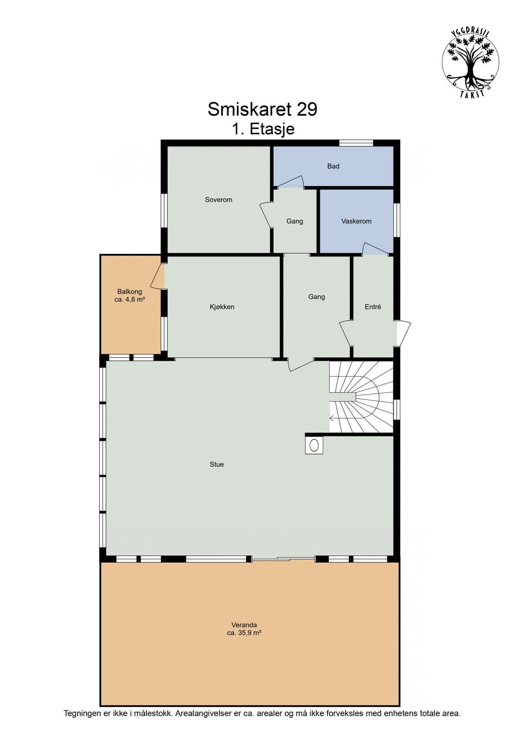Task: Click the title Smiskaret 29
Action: (x=262, y=109)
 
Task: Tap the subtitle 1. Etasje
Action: (x=263, y=129)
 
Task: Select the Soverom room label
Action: (x=219, y=200)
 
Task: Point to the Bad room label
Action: (x=333, y=166)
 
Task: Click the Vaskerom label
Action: (x=356, y=221)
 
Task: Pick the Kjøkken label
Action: (x=222, y=307)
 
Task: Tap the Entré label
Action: (x=373, y=307)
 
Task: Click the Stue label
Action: (x=217, y=464)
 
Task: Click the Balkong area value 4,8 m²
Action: (x=129, y=299)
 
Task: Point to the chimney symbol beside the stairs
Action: (x=314, y=445)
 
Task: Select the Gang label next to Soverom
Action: (x=294, y=221)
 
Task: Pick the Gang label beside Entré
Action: (x=316, y=297)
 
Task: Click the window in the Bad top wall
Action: (x=356, y=143)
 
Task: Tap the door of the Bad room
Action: (x=291, y=182)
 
